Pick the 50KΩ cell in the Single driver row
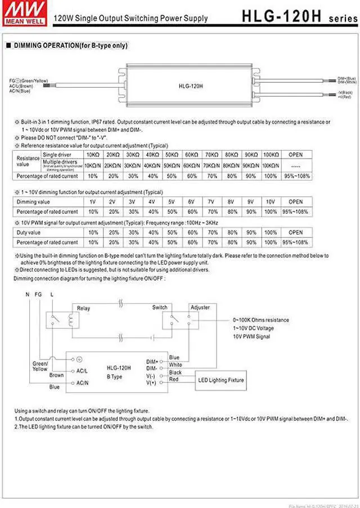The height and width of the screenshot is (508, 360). point(170,155)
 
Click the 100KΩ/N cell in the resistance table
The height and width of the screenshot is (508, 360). point(271,165)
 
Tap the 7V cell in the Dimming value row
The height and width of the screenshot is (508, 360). point(211,202)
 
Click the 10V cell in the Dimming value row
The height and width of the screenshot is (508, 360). point(270,202)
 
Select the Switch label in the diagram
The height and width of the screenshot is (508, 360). point(160,308)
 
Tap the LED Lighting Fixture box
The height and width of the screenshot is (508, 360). point(221,380)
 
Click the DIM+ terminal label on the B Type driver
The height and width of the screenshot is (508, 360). point(152,361)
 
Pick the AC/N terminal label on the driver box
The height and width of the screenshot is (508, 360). point(82,383)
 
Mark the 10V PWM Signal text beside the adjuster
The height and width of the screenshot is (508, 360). point(251,336)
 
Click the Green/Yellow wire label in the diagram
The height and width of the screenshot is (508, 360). point(40,366)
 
